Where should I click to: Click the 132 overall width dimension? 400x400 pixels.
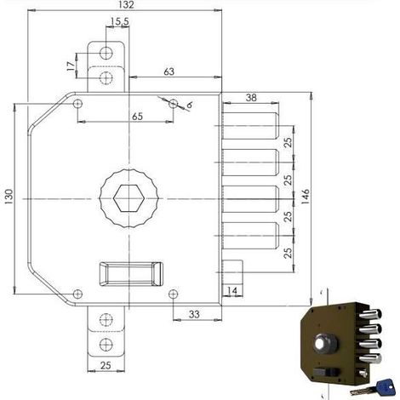tap(126, 5)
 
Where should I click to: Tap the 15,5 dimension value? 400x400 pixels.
tap(120, 21)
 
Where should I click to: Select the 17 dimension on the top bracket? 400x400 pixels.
tap(71, 66)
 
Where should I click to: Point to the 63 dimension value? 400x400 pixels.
tap(169, 71)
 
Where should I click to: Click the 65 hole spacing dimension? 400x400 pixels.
tap(137, 117)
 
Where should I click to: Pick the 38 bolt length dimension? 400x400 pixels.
tap(251, 98)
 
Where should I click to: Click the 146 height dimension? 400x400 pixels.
tap(305, 195)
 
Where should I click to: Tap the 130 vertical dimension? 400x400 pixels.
tap(9, 197)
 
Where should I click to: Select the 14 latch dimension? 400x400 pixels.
tap(232, 290)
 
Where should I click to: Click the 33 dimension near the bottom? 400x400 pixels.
tap(194, 314)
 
